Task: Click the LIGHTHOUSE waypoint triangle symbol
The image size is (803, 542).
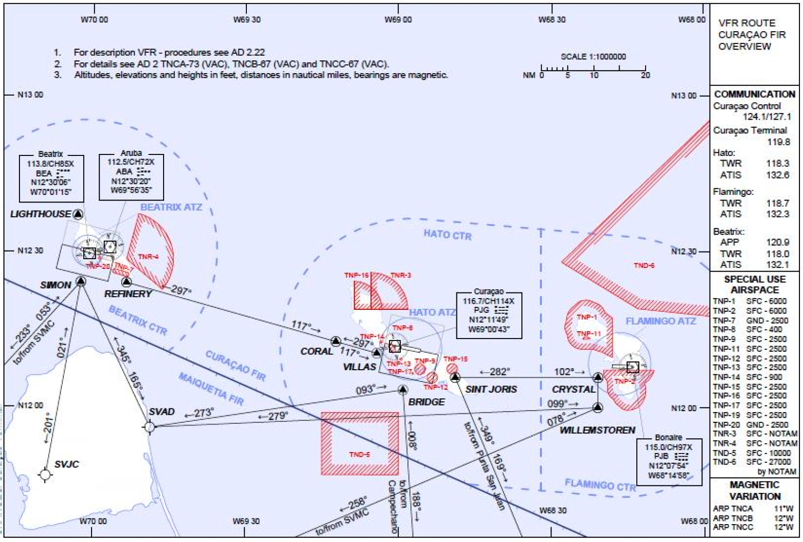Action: (78, 214)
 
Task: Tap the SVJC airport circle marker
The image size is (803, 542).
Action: (45, 475)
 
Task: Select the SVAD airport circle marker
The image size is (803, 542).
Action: (149, 426)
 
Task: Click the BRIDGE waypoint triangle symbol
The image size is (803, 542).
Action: (403, 390)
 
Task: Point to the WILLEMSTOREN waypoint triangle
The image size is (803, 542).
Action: (598, 408)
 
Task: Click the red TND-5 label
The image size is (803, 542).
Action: (359, 454)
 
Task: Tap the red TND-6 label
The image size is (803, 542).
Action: (644, 265)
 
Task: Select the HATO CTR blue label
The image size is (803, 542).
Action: (447, 235)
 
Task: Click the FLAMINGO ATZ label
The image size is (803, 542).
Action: (660, 321)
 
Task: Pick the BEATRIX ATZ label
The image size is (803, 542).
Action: (171, 207)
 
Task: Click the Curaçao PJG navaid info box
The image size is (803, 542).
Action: (489, 314)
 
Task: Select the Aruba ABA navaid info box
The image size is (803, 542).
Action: (131, 176)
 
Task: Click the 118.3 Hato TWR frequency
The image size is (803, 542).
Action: (777, 163)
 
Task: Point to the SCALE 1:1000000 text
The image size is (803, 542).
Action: (593, 57)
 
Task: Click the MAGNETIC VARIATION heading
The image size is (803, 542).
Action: (754, 490)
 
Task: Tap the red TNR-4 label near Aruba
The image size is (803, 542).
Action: (148, 257)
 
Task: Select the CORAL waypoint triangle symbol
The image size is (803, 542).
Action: (335, 341)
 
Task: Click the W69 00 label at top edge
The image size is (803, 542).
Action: (398, 20)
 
